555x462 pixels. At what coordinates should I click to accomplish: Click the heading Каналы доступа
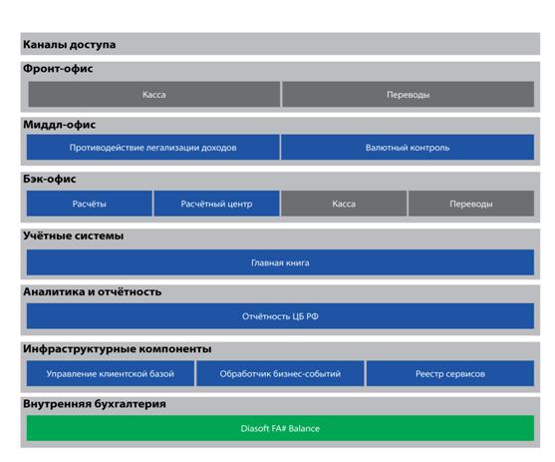point(70,45)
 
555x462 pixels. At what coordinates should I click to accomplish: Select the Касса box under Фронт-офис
point(154,95)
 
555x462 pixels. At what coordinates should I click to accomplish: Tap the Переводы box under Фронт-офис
point(409,95)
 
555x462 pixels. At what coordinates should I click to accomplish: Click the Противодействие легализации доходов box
point(152,147)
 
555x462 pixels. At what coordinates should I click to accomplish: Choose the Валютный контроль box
point(408,147)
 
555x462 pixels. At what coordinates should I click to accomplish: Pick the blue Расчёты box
point(90,204)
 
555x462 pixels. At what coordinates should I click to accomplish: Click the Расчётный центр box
point(216,204)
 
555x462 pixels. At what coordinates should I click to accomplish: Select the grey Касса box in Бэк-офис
point(344,204)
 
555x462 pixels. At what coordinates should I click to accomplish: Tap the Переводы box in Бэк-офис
point(471,204)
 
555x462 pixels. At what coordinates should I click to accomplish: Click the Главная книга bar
point(280,262)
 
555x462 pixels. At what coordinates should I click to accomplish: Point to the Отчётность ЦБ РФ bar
point(280,316)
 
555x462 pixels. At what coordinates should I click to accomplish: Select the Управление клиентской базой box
point(111,373)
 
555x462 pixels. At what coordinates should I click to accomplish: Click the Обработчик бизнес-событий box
point(280,373)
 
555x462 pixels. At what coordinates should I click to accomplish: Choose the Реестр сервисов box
point(450,373)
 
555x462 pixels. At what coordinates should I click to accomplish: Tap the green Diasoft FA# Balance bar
point(280,428)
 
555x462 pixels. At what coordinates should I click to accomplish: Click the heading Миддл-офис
point(60,125)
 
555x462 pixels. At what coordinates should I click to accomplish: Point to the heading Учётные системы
point(74,235)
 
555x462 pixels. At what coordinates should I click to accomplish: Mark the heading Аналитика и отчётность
point(93,291)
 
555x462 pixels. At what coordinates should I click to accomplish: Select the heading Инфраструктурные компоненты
point(118,349)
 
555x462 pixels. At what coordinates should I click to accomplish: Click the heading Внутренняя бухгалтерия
point(95,404)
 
